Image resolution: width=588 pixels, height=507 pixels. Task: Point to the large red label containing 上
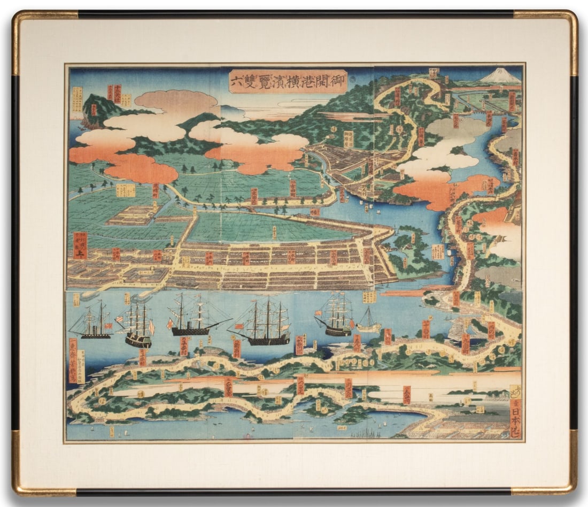click(x=80, y=245)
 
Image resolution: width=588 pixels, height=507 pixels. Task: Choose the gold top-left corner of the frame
click(x=21, y=21)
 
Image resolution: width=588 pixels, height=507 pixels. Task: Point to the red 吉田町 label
click(x=292, y=188)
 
